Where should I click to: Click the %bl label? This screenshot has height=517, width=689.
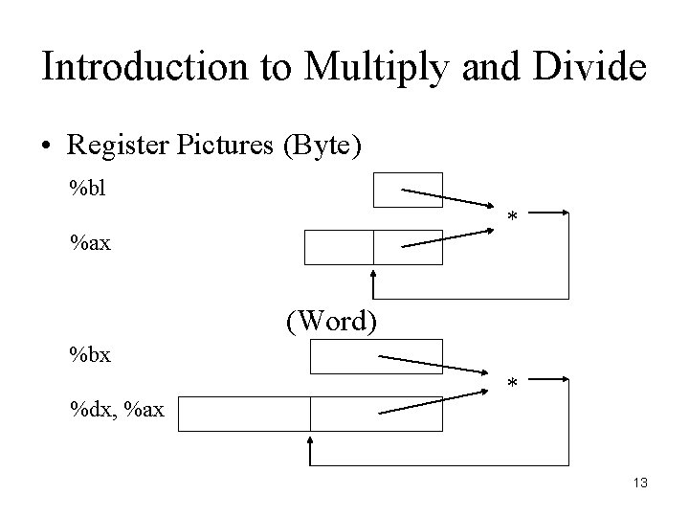[x=86, y=185]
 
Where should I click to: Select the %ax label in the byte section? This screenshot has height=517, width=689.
[x=90, y=243]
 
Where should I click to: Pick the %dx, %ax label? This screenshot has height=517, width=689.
[x=116, y=411]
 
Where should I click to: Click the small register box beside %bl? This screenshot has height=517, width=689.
[x=408, y=190]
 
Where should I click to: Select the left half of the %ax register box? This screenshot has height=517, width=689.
[x=339, y=247]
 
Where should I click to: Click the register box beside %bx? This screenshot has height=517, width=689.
[x=376, y=356]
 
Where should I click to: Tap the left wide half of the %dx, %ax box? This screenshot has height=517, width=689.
[x=243, y=414]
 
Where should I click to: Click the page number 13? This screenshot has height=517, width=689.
[x=639, y=483]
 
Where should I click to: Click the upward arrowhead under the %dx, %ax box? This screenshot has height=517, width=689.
[x=310, y=442]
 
